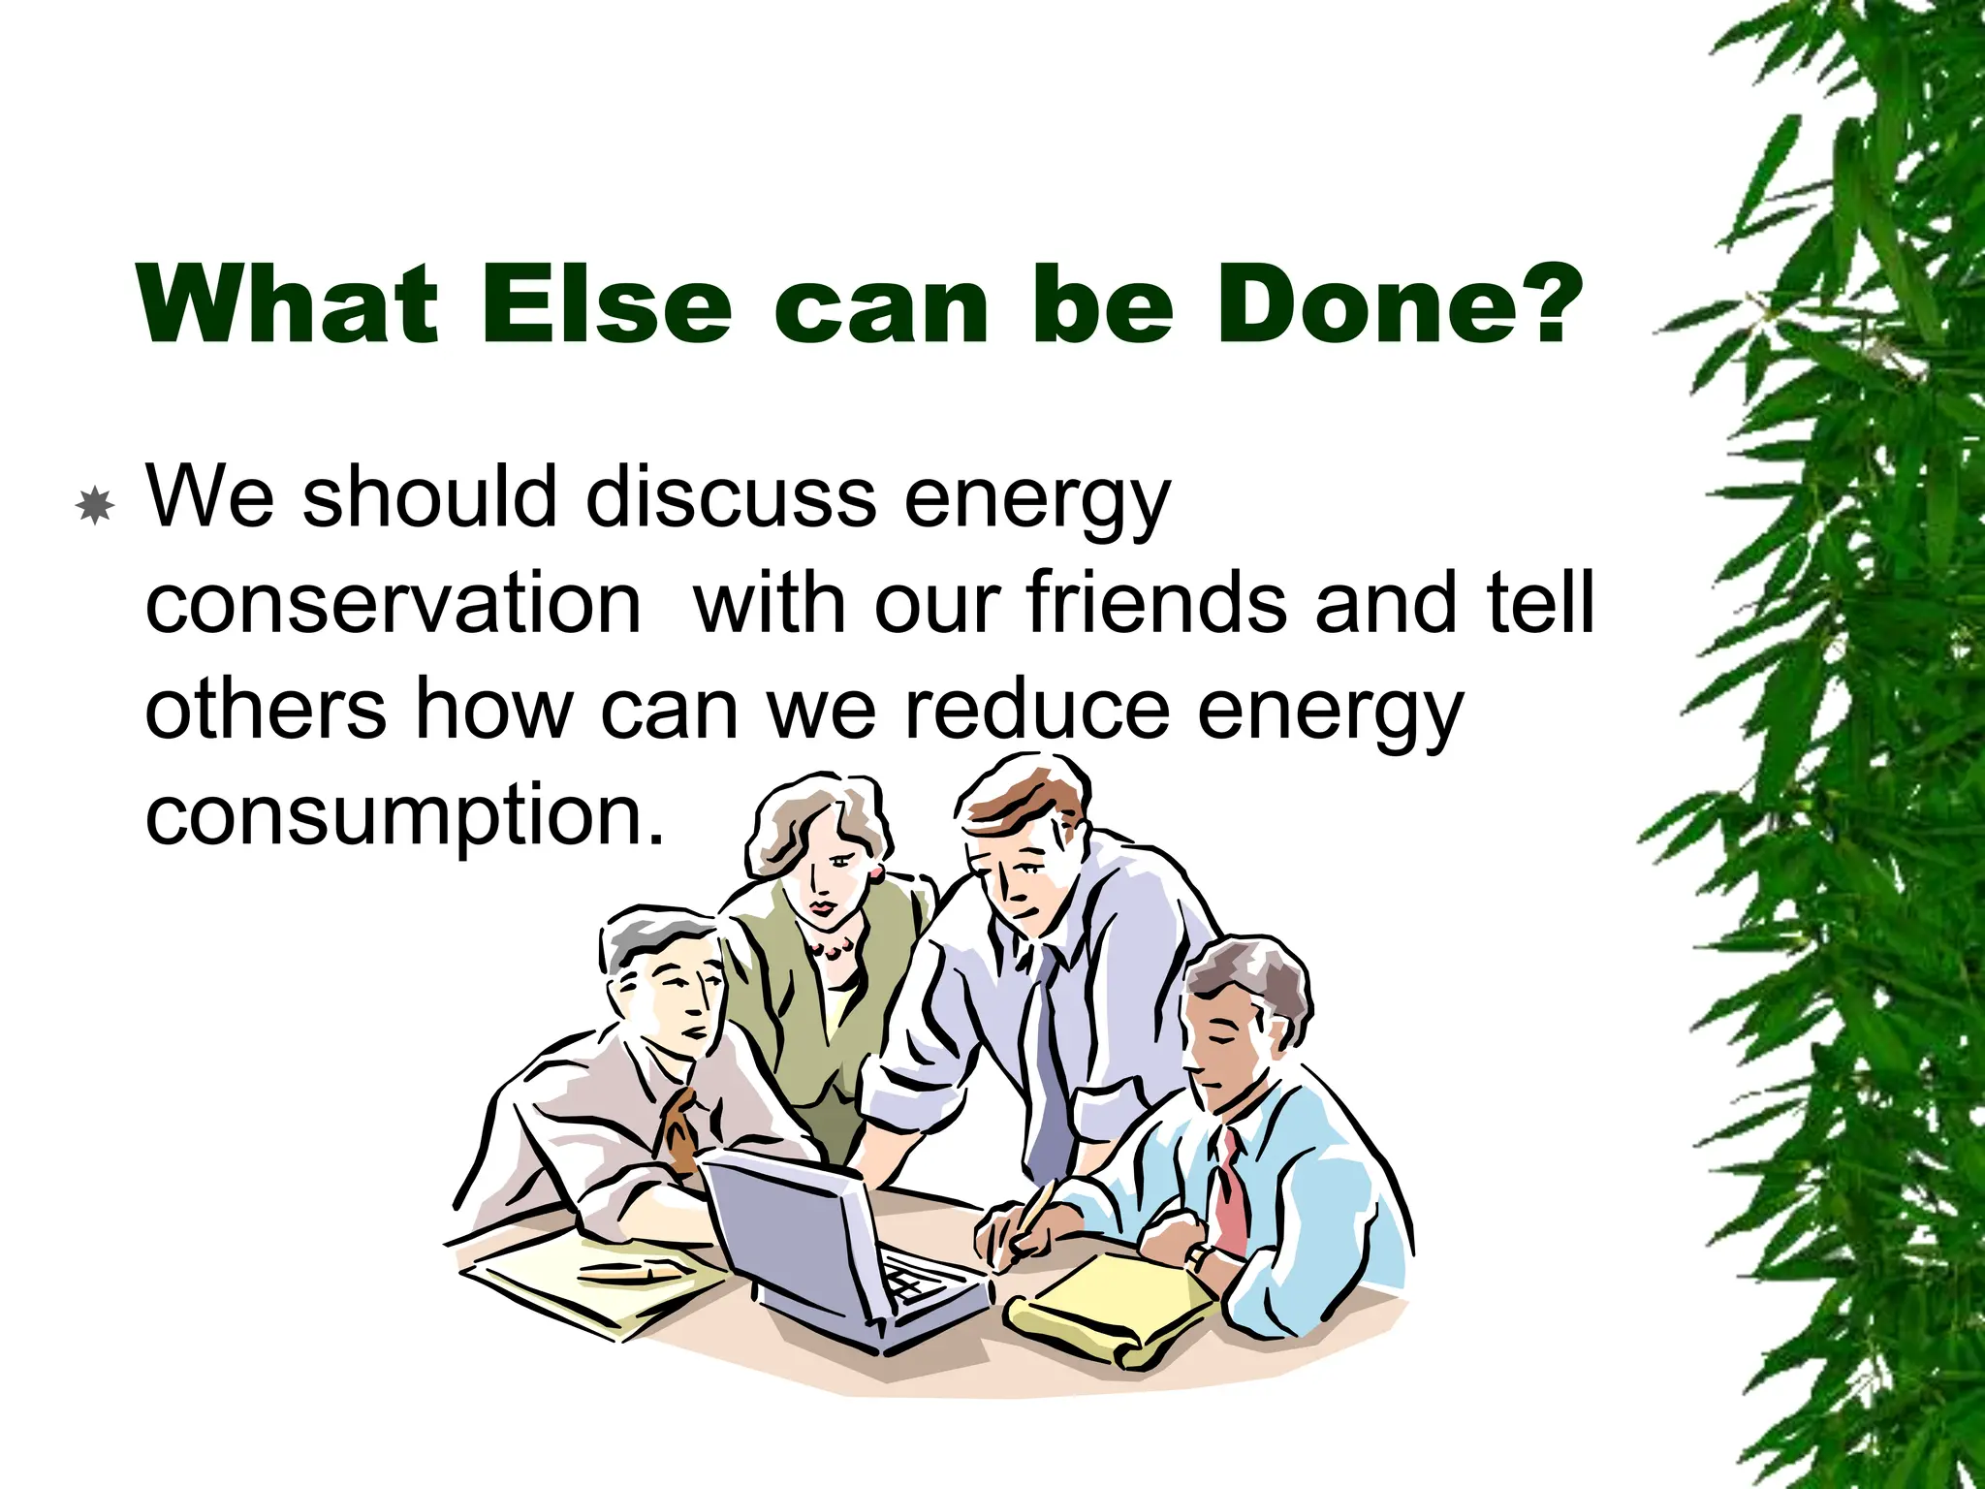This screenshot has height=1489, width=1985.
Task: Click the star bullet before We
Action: coord(95,505)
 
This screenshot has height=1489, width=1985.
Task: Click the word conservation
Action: coord(393,603)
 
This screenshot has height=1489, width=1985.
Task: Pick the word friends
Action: coord(1160,603)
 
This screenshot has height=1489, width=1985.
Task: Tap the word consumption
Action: coord(404,814)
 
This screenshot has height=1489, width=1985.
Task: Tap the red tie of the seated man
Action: coord(1231,1197)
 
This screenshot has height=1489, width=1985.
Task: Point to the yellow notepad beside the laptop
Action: coord(1115,1304)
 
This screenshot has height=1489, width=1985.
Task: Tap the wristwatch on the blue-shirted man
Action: coord(1198,1256)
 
